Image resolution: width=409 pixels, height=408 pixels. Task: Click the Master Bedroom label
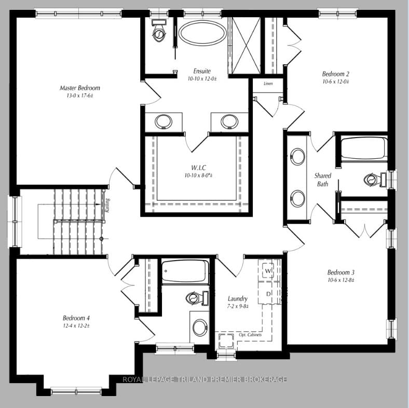[x=79, y=88]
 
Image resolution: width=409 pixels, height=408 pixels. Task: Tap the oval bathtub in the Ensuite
[x=202, y=34]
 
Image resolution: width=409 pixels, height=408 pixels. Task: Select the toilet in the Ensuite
[x=159, y=33]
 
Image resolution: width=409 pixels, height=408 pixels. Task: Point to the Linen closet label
[x=268, y=84]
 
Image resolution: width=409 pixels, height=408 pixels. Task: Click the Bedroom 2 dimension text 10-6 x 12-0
[x=335, y=81]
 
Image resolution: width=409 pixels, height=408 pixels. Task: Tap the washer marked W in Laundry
[x=268, y=271]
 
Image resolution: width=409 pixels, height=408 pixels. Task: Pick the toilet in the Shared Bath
[x=373, y=180]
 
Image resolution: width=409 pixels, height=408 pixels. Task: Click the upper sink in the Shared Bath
[x=297, y=156]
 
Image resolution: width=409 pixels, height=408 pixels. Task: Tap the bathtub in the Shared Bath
[x=363, y=148]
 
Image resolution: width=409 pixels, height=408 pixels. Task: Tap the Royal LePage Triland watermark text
[x=204, y=379]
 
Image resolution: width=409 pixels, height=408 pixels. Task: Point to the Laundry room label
[x=238, y=298]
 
